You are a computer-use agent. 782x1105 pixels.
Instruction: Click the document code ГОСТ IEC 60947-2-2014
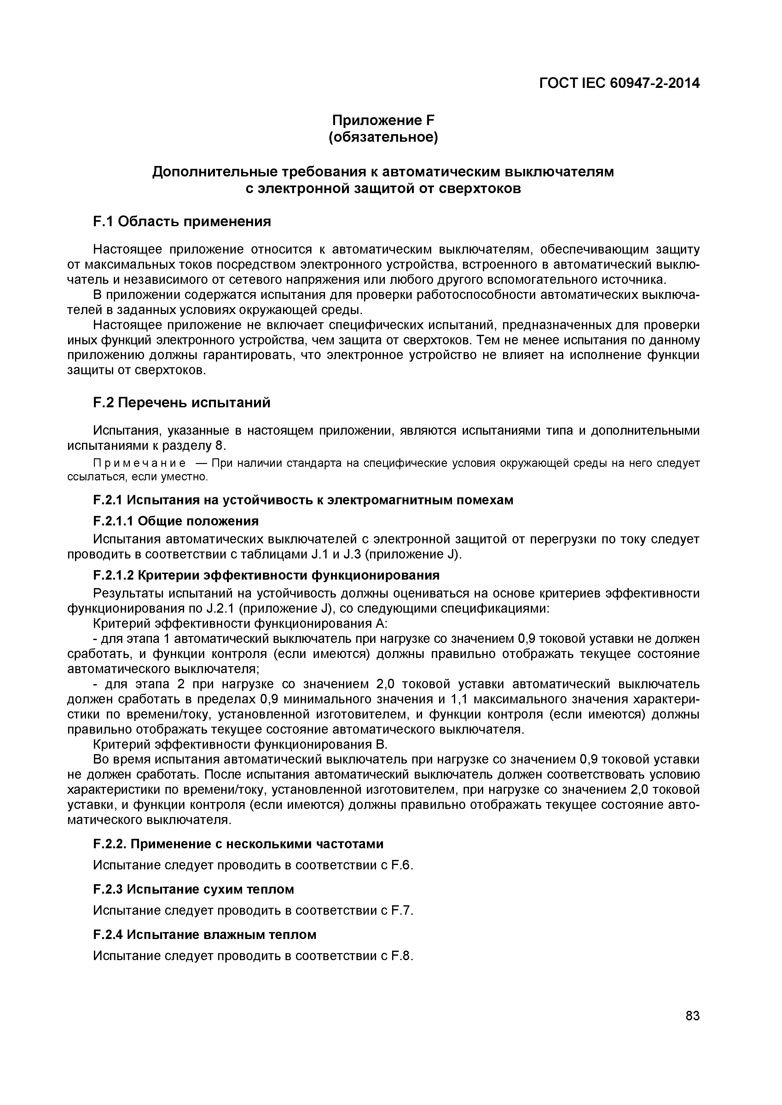pos(619,83)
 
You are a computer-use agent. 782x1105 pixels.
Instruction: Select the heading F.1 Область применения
pos(182,221)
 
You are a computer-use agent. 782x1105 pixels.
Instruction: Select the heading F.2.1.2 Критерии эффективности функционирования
pos(266,575)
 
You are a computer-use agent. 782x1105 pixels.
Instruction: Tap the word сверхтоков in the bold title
pos(480,189)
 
